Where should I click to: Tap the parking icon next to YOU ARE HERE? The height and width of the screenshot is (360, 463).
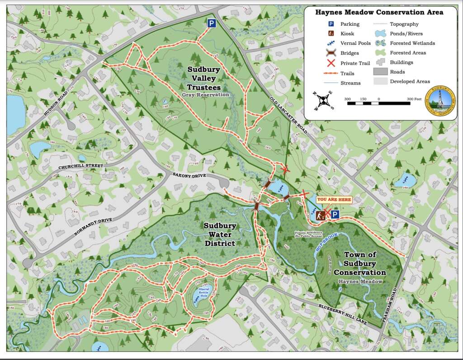click(x=335, y=215)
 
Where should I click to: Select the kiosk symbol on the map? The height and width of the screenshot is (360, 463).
click(x=321, y=216)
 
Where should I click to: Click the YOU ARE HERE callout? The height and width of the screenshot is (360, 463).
click(x=334, y=199)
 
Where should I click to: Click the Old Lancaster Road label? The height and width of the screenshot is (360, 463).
click(x=288, y=115)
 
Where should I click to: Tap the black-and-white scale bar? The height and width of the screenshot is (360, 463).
click(x=378, y=104)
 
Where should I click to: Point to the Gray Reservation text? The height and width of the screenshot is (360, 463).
click(x=205, y=95)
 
